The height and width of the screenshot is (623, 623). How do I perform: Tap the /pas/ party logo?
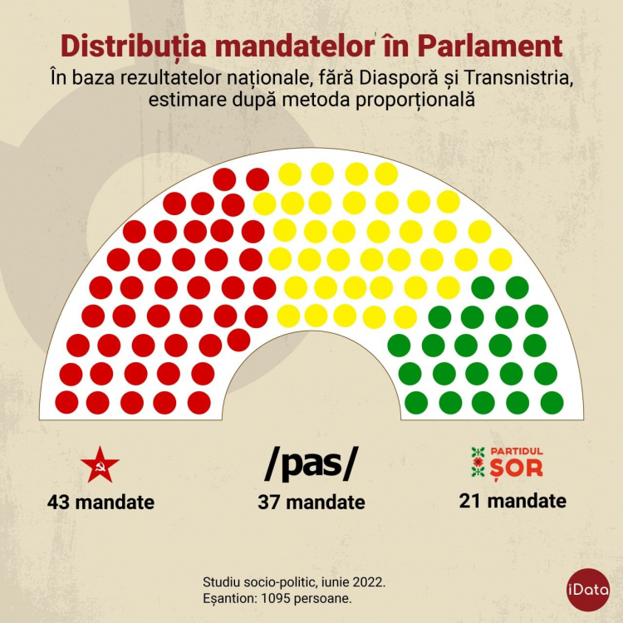tap(311, 464)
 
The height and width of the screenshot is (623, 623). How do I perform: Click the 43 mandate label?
tap(101, 503)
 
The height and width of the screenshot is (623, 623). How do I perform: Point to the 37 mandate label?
tap(311, 503)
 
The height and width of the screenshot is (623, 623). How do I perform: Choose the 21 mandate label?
tap(513, 501)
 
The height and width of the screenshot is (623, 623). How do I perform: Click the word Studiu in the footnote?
tap(223, 581)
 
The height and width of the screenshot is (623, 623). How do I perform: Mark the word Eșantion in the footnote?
tap(231, 597)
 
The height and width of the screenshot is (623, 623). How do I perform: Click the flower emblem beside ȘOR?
tap(477, 462)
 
